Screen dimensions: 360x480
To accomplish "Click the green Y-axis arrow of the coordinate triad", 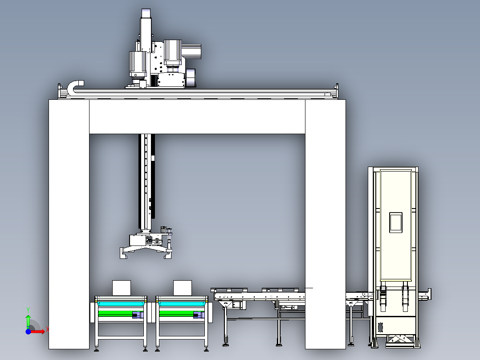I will tap(28, 320).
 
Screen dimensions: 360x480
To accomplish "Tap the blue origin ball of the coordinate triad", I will tap(28, 331).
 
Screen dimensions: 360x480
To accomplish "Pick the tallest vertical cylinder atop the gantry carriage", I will tap(146, 29).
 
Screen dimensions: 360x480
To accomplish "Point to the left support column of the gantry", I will tap(69, 223).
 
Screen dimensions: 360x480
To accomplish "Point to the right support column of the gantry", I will tap(325, 223).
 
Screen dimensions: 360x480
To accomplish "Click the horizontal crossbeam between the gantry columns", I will tap(197, 117).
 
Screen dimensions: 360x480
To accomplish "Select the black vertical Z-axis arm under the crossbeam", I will tap(146, 183).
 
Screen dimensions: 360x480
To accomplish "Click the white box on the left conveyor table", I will tap(121, 288).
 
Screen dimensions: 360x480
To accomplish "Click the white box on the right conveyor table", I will tap(182, 288).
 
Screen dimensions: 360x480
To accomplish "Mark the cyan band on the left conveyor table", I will tap(121, 303).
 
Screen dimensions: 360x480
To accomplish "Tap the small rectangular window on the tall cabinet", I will tap(396, 222).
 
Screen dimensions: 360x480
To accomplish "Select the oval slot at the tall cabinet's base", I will tap(380, 327).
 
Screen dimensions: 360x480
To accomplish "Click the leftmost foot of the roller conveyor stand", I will tap(225, 344).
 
